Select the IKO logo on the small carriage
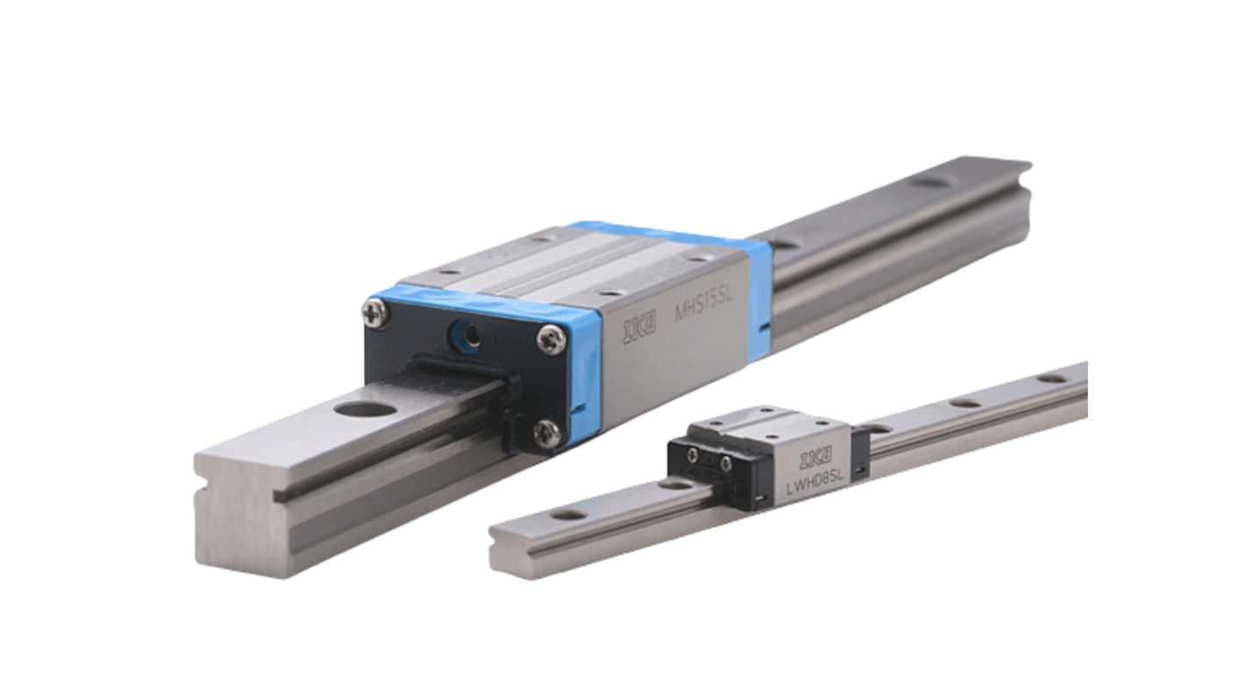(x=816, y=461)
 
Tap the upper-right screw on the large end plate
(x=551, y=339)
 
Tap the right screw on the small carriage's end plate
(x=724, y=462)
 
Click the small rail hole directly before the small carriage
(x=676, y=483)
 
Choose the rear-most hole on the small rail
(x=1050, y=378)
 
